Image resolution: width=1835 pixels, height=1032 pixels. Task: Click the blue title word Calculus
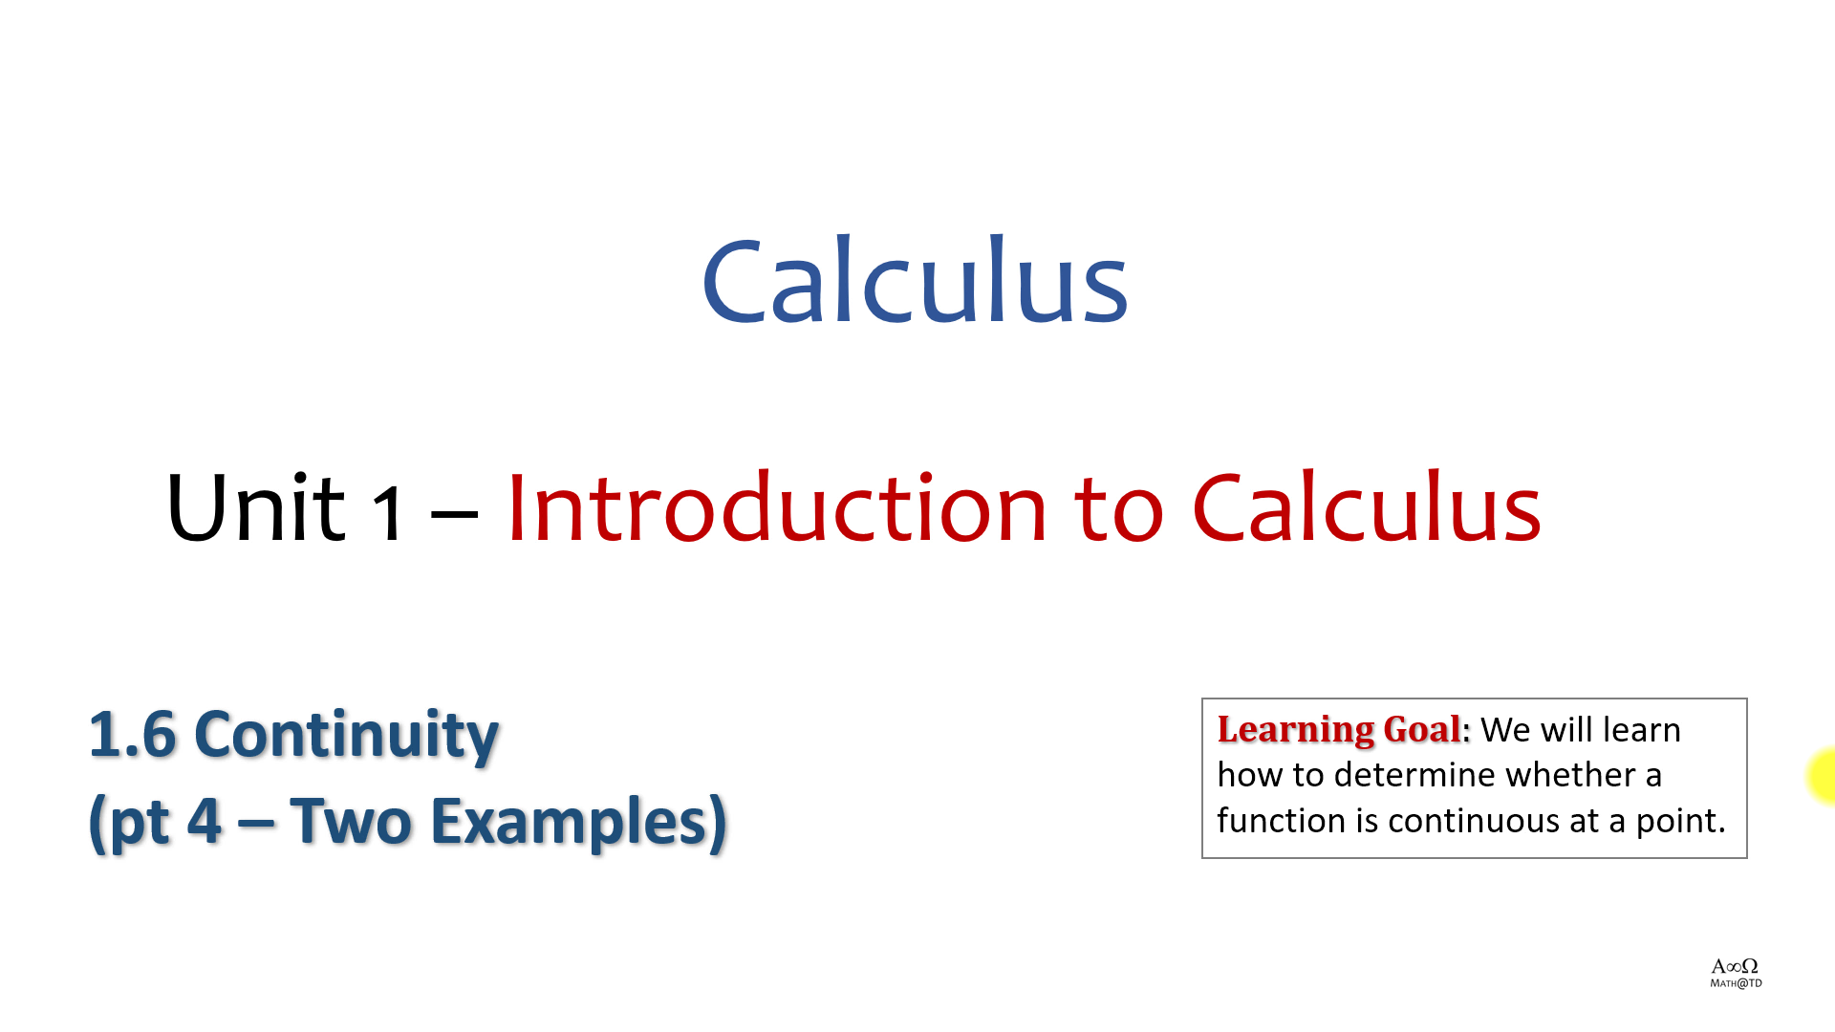pos(916,280)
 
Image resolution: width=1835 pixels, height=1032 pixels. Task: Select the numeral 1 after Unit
pos(388,513)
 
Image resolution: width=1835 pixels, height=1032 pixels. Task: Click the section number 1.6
pos(133,735)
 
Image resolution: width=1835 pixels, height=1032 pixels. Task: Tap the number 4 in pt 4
pos(205,821)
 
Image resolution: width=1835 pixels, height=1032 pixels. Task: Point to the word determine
pos(1415,775)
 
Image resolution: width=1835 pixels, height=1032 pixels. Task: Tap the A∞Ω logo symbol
pos(1735,966)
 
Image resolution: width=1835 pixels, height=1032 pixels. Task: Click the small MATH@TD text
pos(1736,983)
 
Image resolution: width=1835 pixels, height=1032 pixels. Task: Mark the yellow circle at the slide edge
pos(1823,776)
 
